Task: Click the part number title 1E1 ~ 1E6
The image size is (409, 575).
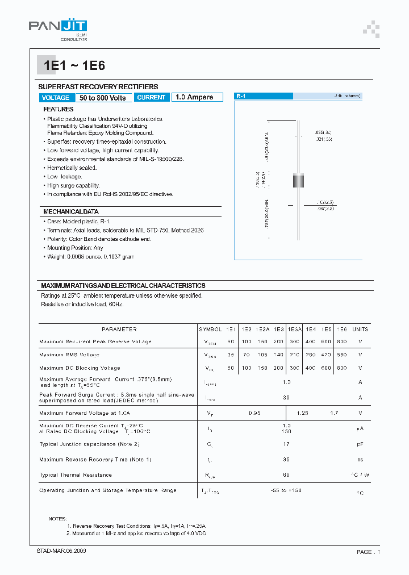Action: [72, 65]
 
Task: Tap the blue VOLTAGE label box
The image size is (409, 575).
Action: [56, 98]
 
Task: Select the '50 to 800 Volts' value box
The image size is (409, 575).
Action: [103, 98]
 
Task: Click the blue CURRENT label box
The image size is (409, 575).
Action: [152, 97]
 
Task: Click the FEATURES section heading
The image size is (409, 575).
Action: [59, 109]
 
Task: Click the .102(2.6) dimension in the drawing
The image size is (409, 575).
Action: [327, 202]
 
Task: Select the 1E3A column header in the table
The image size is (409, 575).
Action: [294, 329]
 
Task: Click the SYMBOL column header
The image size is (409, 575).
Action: [210, 329]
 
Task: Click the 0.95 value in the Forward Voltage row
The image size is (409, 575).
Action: [254, 413]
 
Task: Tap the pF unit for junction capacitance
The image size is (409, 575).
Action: [360, 444]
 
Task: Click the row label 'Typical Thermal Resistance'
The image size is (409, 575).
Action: [76, 474]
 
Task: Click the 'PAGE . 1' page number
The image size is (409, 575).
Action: [368, 552]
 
